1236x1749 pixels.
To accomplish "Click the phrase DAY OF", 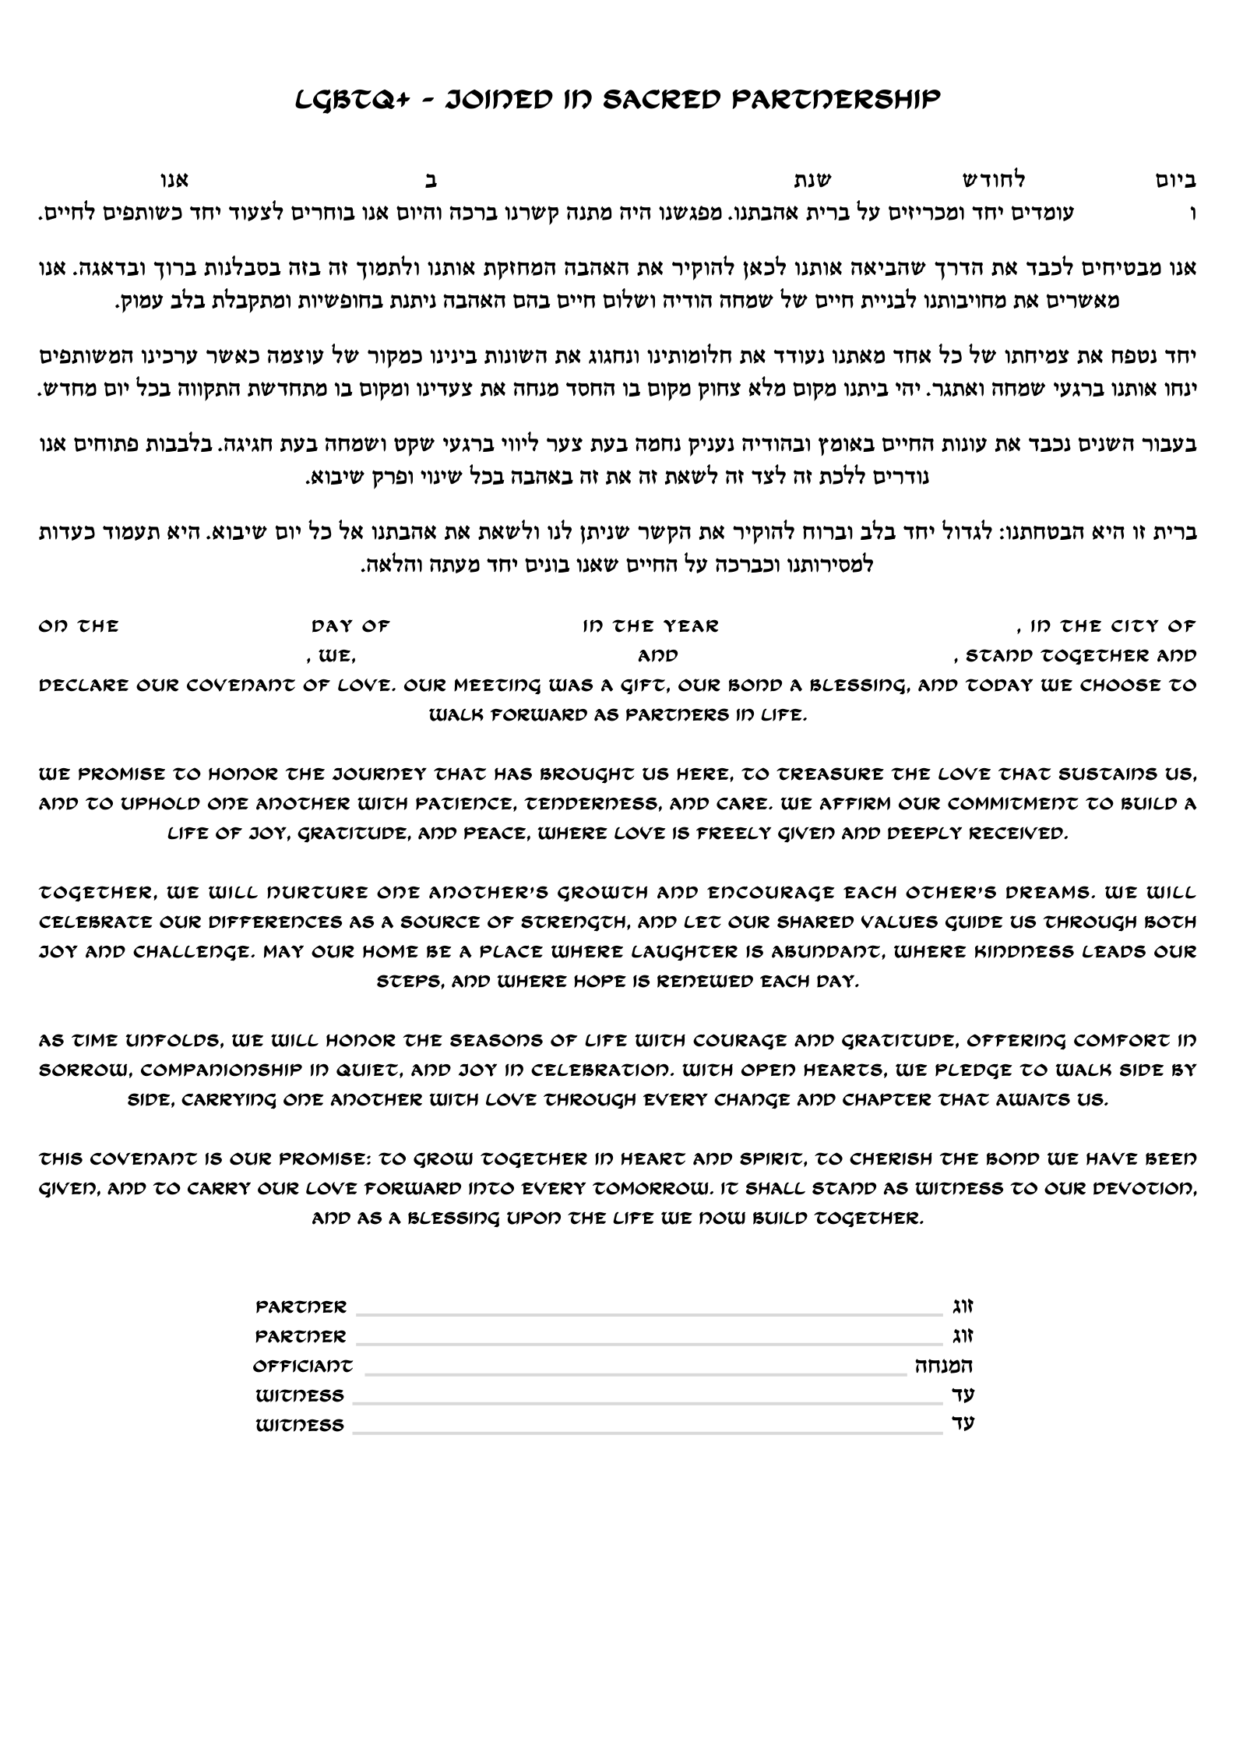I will point(350,626).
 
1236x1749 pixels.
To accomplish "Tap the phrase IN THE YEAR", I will point(650,626).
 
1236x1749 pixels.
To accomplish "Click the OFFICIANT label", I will point(303,1366).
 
